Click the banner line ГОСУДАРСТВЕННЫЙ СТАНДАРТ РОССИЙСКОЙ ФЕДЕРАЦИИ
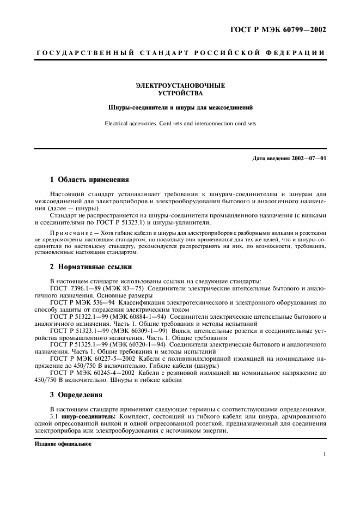coord(180,53)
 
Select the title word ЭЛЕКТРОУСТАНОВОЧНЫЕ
coord(180,86)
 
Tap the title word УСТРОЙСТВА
coord(180,93)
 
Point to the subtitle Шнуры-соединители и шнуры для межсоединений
coord(180,107)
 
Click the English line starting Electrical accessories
coord(180,124)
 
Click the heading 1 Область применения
coord(89,179)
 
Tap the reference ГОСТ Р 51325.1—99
coord(81,345)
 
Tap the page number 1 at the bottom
coord(324,454)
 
